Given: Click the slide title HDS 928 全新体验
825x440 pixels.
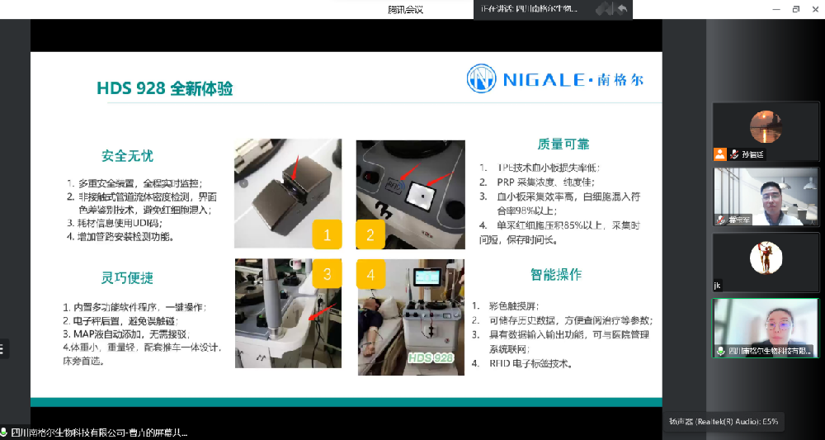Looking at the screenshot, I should pos(165,88).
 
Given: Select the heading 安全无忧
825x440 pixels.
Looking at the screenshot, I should pos(127,155).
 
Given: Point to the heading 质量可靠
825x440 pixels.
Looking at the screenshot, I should pos(563,144).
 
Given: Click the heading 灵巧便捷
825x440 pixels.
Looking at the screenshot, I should pos(127,277).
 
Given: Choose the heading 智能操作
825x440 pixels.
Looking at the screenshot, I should pos(556,274).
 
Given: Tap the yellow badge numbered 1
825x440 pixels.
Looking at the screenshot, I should pos(328,235).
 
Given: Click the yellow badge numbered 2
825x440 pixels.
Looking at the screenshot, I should pos(370,235).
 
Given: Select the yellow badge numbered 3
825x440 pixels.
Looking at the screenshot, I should pos(328,273).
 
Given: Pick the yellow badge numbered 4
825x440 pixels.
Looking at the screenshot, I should pos(370,273).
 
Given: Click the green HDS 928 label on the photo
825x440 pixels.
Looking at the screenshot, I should pos(431,358).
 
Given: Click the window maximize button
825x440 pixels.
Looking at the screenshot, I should pos(796,9).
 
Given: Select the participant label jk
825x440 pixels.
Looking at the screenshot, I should pos(718,286).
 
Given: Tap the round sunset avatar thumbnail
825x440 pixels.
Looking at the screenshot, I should pos(765,126).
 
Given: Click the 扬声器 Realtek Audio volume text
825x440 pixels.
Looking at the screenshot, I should pos(723,421).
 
